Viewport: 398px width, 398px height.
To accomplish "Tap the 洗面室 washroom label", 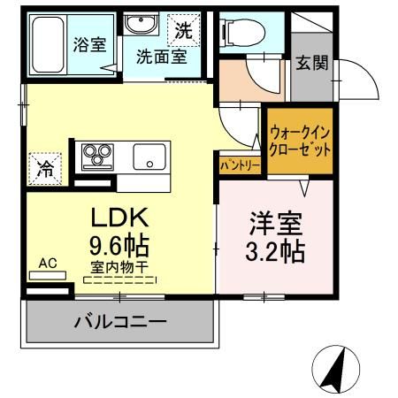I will [x=160, y=57].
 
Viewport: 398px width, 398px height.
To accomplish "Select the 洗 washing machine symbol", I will [x=182, y=29].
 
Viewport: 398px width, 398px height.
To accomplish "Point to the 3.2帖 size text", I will [x=274, y=251].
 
